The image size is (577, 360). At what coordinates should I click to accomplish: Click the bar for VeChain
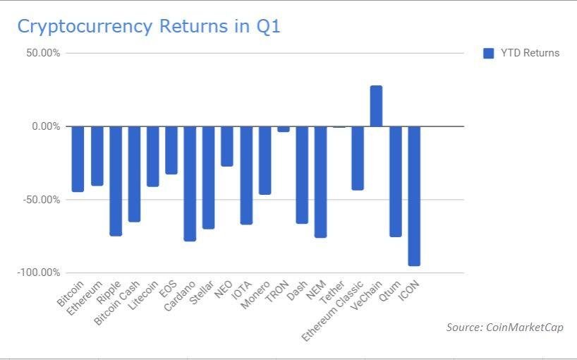pos(376,106)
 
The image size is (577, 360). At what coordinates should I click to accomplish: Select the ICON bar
pos(414,196)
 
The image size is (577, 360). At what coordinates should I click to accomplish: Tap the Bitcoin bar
pos(78,159)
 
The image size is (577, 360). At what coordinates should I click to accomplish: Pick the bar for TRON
pos(284,129)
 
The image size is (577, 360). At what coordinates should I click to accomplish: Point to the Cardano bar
pos(190,184)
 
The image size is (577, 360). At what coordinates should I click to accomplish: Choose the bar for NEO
pos(227,146)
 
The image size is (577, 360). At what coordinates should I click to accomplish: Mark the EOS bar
pos(171,150)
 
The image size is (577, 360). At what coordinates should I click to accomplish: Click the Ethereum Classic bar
pos(358,158)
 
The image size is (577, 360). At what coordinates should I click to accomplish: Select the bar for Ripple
pos(116,181)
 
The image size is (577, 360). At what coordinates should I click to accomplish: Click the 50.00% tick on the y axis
pos(43,53)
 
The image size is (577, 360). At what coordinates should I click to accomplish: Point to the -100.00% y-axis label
pos(38,272)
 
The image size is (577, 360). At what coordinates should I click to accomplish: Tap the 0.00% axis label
pos(46,126)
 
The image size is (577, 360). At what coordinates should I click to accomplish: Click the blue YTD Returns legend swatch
pos(488,54)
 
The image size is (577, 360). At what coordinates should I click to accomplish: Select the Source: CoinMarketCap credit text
pos(505,328)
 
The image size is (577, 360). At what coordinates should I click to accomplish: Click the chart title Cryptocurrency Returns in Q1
pos(149,27)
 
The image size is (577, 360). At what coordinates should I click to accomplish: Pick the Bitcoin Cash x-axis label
pos(117,303)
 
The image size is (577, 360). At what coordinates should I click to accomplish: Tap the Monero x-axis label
pos(256,294)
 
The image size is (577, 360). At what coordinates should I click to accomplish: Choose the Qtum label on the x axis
pos(389,291)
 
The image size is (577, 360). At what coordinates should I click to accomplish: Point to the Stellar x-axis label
pos(201,292)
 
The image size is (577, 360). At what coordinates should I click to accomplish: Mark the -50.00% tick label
pos(41,200)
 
